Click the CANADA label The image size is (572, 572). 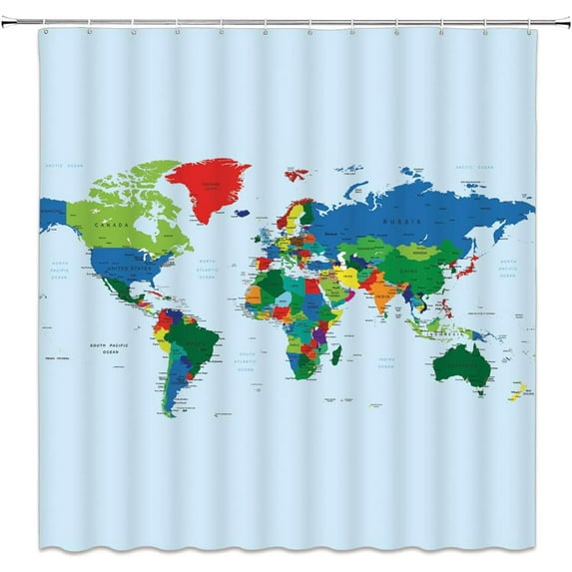click(x=111, y=226)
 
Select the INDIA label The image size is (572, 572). click(x=382, y=296)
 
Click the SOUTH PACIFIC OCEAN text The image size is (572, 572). click(x=111, y=348)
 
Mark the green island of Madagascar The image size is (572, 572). click(x=336, y=354)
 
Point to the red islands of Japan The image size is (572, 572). click(x=471, y=266)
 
